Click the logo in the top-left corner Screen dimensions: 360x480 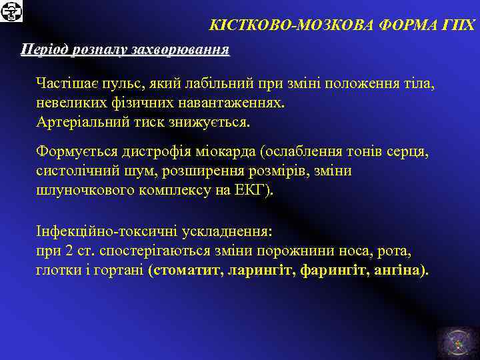click(12, 11)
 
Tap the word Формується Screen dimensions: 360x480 click(71, 153)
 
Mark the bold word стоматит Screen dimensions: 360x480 click(186, 271)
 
